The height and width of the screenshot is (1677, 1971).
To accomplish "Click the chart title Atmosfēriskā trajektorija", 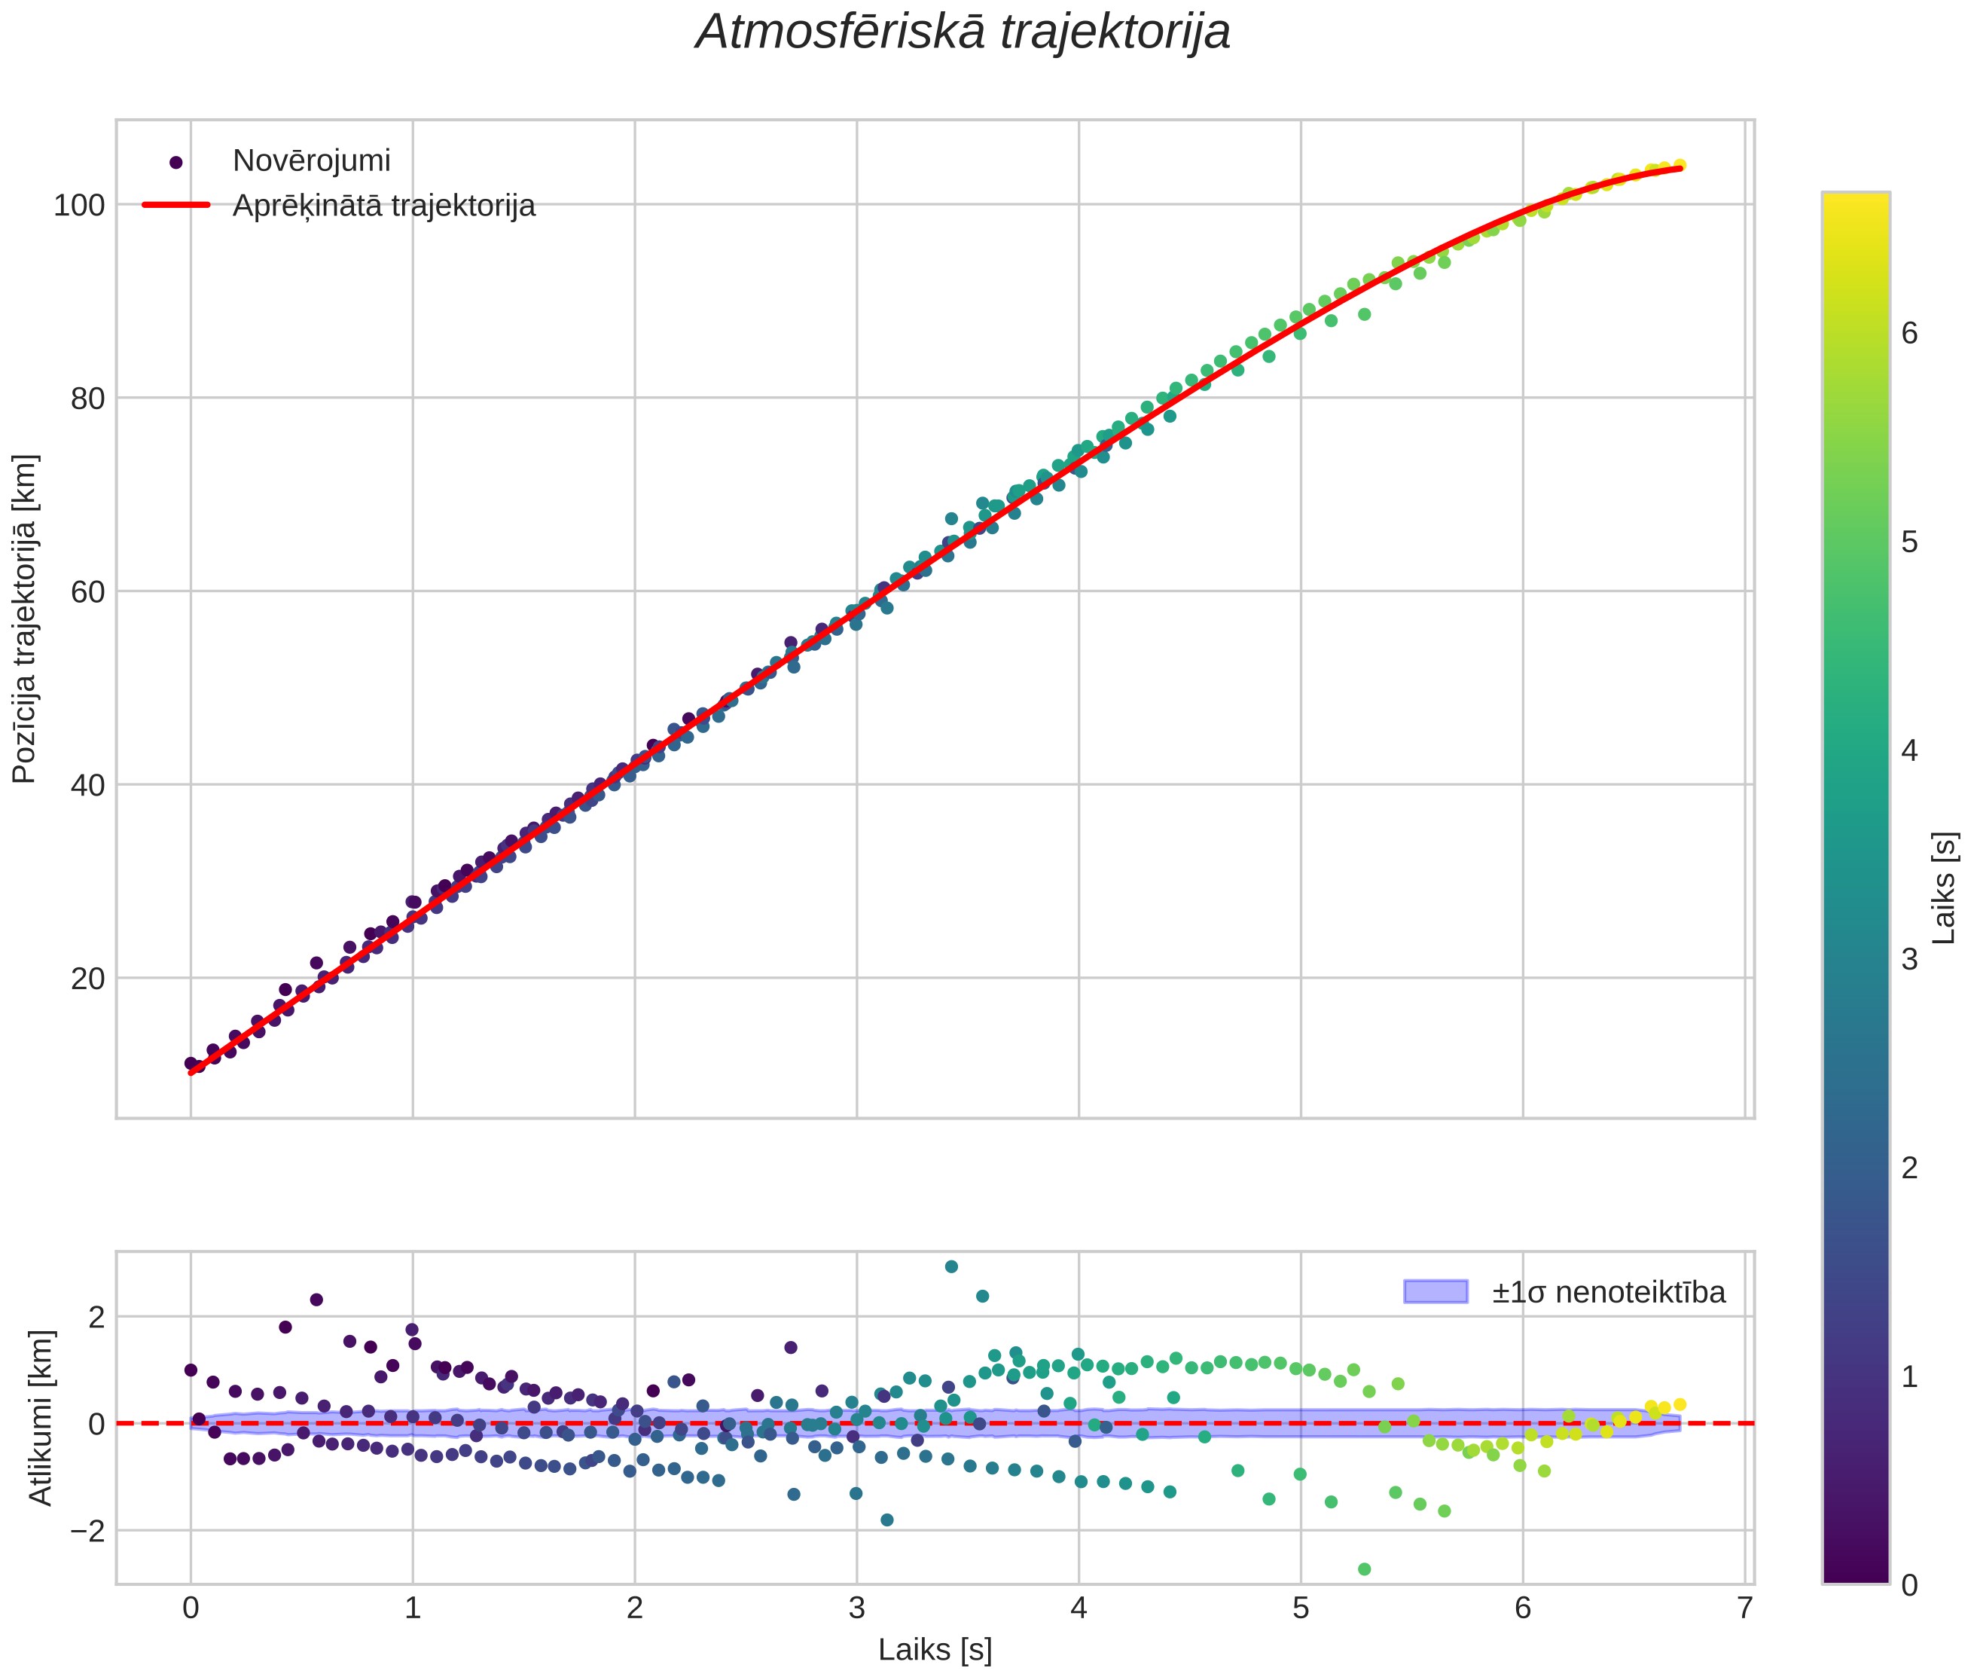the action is [x=963, y=33].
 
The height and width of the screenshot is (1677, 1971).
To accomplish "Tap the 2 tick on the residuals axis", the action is [x=95, y=1317].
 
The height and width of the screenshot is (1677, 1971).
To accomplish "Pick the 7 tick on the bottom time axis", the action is [x=1745, y=1608].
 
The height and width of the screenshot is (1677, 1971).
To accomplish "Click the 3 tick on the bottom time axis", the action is [x=857, y=1608].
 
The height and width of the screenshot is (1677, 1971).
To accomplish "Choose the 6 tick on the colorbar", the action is [x=1908, y=334].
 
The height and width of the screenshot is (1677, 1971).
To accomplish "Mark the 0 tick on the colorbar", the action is [x=1908, y=1585].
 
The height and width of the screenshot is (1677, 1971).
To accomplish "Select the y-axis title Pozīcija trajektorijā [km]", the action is [x=25, y=620].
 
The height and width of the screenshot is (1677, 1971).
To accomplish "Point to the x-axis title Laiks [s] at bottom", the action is [x=935, y=1649].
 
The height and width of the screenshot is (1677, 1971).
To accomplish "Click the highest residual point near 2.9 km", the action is [x=951, y=1266].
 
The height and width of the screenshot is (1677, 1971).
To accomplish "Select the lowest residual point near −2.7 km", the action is [x=1365, y=1569].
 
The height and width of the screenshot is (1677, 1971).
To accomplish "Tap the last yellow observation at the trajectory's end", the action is [x=1680, y=164].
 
